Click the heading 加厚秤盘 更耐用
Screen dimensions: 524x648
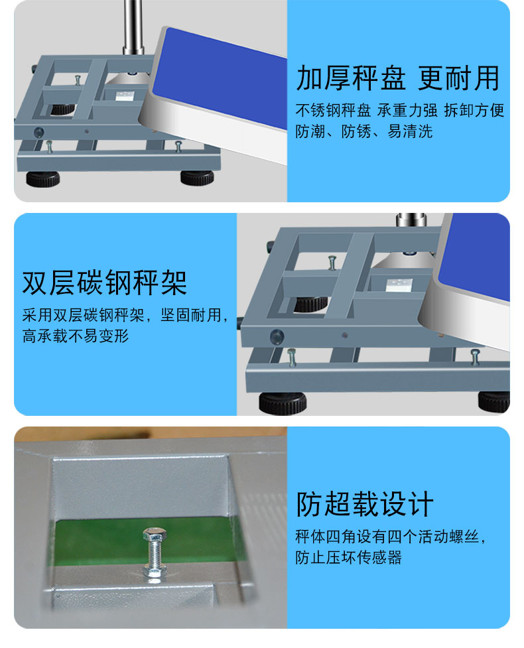point(398,78)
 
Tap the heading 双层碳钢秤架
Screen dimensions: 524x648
point(105,283)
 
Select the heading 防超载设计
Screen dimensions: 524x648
point(365,504)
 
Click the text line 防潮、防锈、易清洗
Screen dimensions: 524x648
point(363,131)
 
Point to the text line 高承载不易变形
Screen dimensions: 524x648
point(76,336)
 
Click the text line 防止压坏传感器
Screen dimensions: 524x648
point(348,557)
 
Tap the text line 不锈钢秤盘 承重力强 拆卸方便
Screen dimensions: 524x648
point(399,110)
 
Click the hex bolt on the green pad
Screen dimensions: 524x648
point(155,552)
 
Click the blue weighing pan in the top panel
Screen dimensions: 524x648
point(219,78)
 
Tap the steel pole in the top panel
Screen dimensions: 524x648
point(133,27)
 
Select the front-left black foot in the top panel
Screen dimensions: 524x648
point(43,178)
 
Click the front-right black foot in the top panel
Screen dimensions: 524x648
point(197,177)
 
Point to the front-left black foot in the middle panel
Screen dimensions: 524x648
point(283,403)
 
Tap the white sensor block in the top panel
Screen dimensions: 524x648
point(125,96)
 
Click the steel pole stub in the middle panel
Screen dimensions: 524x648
point(411,220)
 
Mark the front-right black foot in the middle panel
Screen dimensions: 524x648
point(494,401)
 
